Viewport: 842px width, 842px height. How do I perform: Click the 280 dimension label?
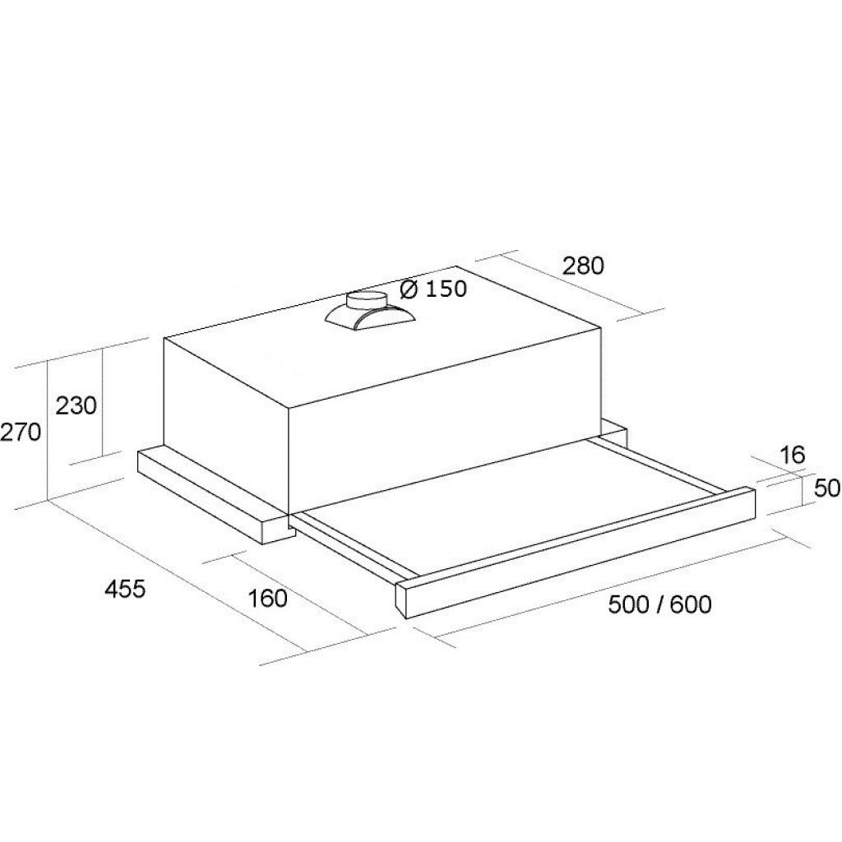583,266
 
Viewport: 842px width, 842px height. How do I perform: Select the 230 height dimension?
76,405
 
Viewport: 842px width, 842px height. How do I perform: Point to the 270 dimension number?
21,432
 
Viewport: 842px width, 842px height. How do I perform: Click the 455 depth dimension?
125,589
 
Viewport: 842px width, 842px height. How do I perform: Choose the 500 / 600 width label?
660,604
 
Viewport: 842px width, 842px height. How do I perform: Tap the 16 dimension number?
792,455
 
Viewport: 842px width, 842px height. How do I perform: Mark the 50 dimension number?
827,488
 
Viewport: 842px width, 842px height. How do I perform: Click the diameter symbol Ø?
409,289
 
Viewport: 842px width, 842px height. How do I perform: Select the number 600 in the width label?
691,604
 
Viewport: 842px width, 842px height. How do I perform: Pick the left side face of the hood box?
226,424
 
